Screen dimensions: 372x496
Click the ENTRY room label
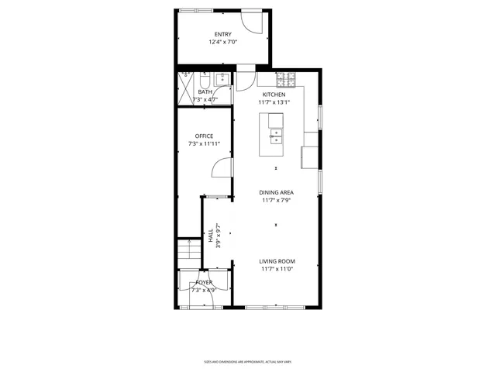click(222, 34)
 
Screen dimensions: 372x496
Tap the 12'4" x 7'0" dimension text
click(222, 42)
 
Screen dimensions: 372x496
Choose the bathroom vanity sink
click(222, 77)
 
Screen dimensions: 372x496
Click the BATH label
click(205, 91)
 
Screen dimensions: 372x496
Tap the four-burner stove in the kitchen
click(288, 78)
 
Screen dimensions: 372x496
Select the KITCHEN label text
click(274, 95)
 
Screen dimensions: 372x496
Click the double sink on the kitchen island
click(276, 136)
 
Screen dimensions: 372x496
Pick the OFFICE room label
click(204, 136)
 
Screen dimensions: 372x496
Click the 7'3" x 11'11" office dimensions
click(204, 144)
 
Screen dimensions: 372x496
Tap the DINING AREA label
click(276, 192)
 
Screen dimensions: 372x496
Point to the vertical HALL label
click(210, 235)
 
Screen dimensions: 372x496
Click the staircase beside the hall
click(185, 252)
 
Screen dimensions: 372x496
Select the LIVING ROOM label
click(277, 262)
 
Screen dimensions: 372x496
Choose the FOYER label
click(205, 283)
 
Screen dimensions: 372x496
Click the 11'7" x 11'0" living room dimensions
click(277, 270)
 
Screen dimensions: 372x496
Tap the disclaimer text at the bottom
click(247, 361)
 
